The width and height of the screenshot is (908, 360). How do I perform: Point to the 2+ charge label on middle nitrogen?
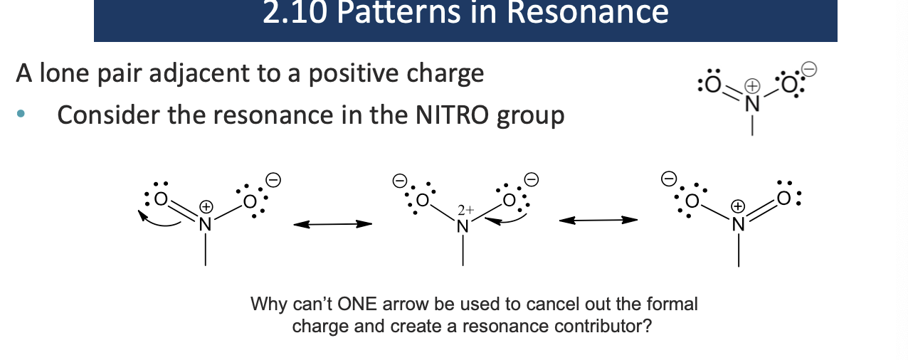point(465,210)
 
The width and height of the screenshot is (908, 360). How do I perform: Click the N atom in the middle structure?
point(463,226)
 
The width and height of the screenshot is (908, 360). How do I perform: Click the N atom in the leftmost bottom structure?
point(205,224)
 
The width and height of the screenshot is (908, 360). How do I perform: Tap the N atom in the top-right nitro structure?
point(752,103)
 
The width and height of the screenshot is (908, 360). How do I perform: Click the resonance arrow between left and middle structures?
point(333,224)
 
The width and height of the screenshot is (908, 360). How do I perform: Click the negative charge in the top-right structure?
point(809,69)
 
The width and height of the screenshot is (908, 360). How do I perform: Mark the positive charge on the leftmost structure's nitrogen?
point(206,206)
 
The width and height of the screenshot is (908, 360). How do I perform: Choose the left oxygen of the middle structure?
point(423,201)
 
